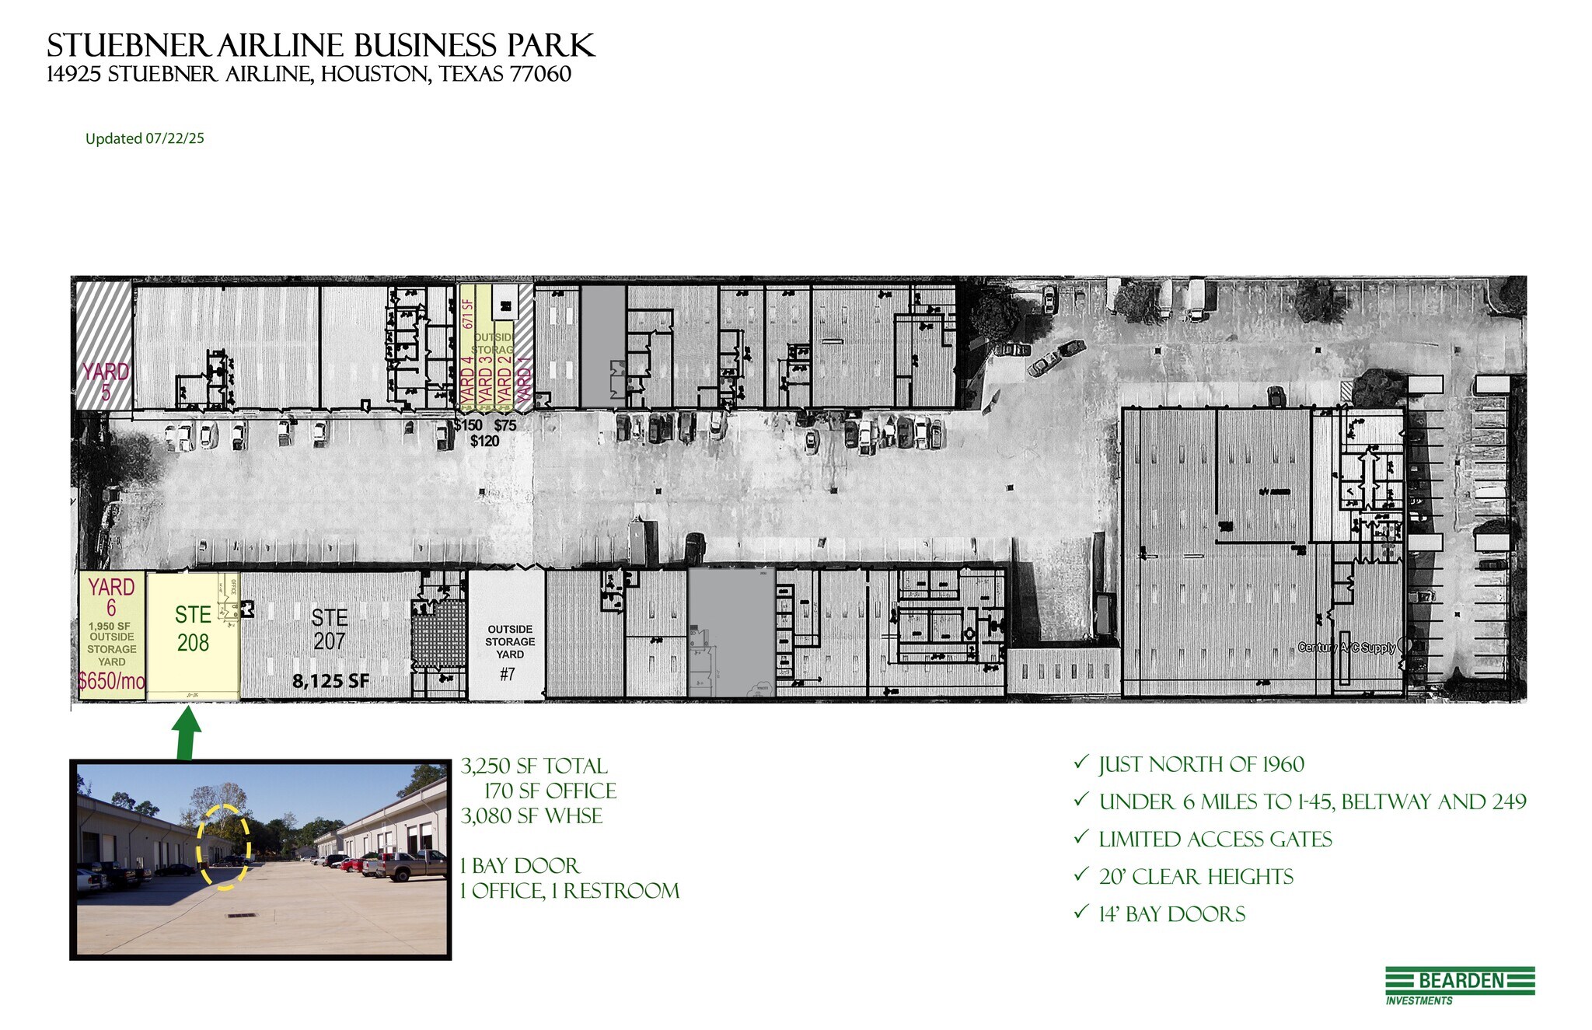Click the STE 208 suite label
coord(193,629)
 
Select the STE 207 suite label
coord(329,629)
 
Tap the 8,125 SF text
coord(330,682)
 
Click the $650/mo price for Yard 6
coord(111,682)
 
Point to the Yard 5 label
coord(106,381)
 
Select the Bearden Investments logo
coord(1459,985)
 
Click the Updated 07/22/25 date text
coord(145,138)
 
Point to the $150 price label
coord(468,425)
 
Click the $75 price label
coord(505,425)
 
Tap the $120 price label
coord(484,441)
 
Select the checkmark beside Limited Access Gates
coord(1081,837)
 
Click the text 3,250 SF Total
coord(534,766)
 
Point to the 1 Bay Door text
coord(519,866)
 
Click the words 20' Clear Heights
coord(1196,877)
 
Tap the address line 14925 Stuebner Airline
coord(309,75)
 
